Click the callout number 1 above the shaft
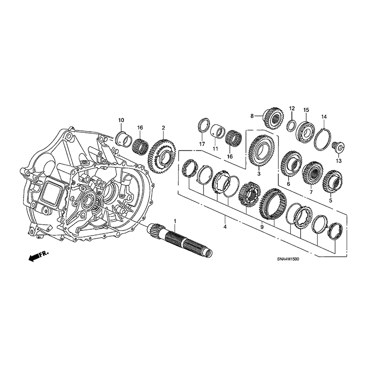pos(175,221)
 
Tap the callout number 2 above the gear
pos(163,128)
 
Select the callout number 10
pos(121,120)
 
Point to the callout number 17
pos(202,144)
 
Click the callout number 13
pos(339,161)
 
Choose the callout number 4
pos(225,227)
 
